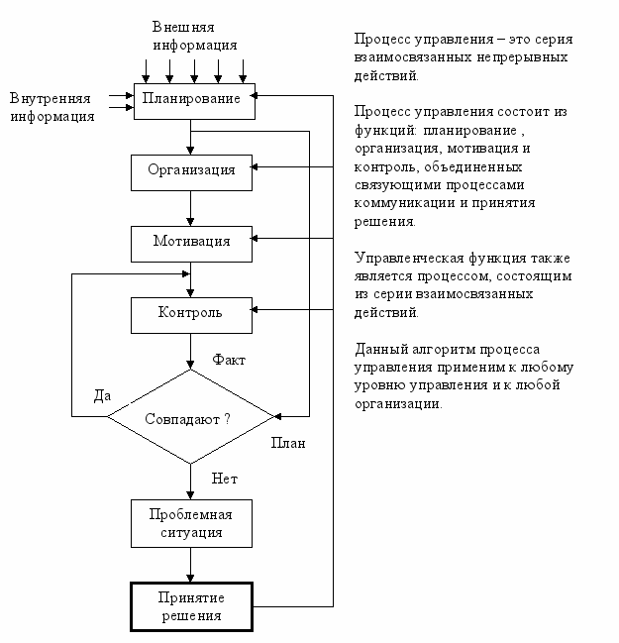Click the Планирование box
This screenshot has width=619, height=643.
[194, 102]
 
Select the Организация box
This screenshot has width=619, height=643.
[191, 172]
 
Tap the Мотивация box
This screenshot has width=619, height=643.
[191, 244]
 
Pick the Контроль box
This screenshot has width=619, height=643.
[191, 315]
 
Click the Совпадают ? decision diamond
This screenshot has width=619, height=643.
[190, 417]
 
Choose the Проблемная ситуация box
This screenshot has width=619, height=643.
[191, 524]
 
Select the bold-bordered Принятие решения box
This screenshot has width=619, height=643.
[191, 607]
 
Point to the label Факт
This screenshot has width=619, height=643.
[229, 360]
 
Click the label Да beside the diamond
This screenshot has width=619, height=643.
[102, 395]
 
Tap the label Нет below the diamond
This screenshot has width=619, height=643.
[224, 479]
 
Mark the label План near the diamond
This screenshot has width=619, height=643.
[288, 443]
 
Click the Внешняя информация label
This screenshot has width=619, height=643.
[195, 36]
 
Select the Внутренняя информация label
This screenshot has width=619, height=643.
[52, 107]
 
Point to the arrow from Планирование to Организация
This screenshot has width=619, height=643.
[190, 137]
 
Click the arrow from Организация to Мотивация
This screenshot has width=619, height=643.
[190, 208]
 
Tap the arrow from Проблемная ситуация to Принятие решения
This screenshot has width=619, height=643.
[190, 565]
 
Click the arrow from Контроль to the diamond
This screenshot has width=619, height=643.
[190, 352]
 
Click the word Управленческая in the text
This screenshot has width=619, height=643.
[409, 259]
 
